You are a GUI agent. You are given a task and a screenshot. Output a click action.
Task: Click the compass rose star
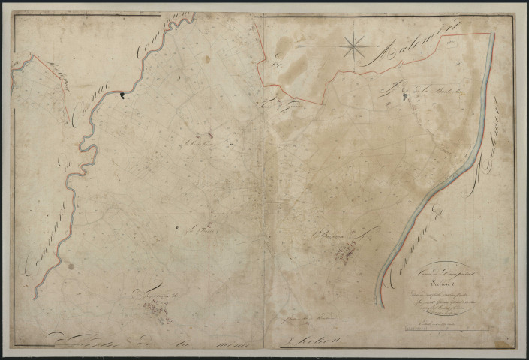pos(352,48)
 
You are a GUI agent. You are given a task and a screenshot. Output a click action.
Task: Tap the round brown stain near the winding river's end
pos(70,266)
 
